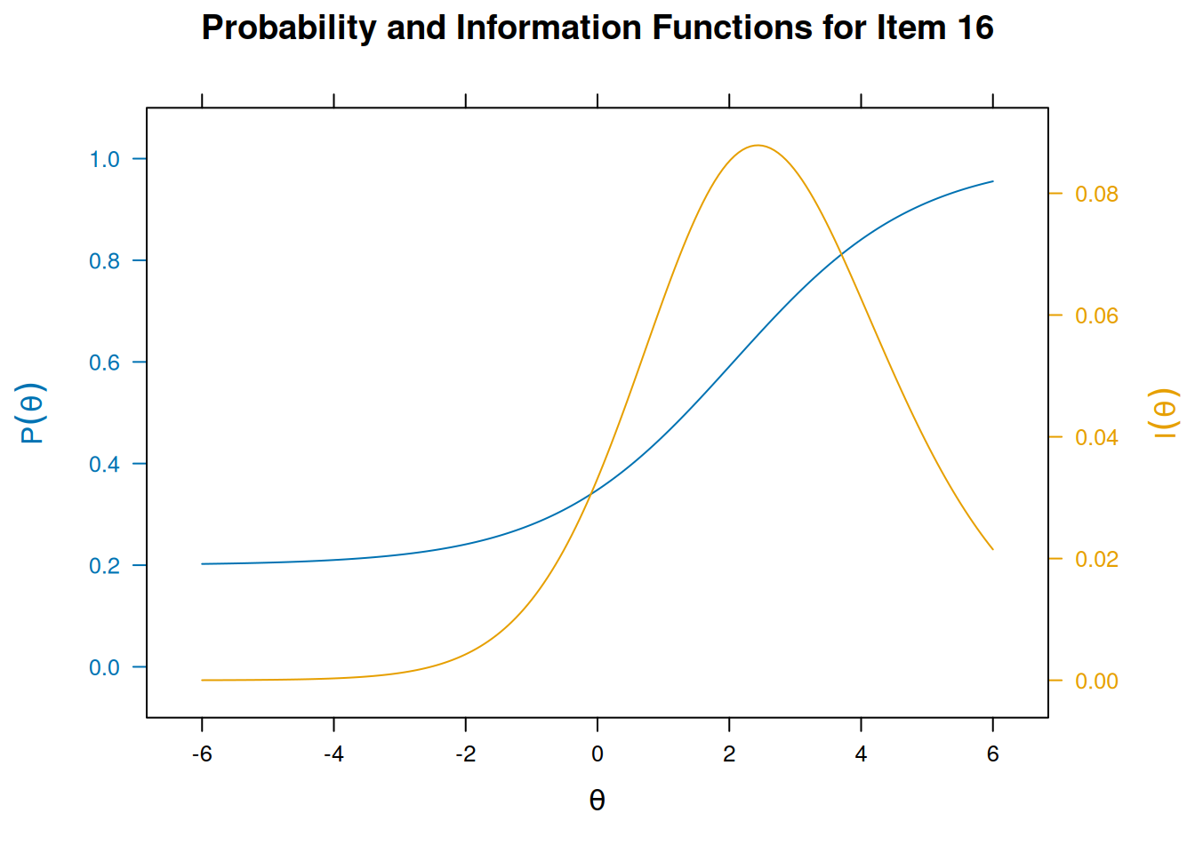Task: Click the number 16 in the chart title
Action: tap(974, 28)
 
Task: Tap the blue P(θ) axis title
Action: tap(32, 413)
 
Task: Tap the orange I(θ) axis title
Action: tap(1164, 413)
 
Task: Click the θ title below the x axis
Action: tap(597, 801)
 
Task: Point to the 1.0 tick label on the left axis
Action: tap(104, 159)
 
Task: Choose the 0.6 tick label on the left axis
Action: tap(104, 363)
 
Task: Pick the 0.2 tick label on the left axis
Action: tap(104, 566)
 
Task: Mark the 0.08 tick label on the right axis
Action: tap(1096, 194)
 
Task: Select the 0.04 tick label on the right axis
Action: tap(1096, 437)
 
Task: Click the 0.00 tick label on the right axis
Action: tap(1096, 681)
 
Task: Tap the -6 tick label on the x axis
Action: tap(202, 754)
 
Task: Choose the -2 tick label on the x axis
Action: tap(465, 754)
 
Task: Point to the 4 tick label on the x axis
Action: tap(861, 754)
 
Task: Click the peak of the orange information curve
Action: tap(758, 146)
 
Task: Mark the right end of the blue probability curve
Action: tap(992, 181)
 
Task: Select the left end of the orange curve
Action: tap(203, 680)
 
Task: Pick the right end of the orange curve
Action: tap(992, 549)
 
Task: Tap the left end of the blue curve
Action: tap(203, 563)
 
